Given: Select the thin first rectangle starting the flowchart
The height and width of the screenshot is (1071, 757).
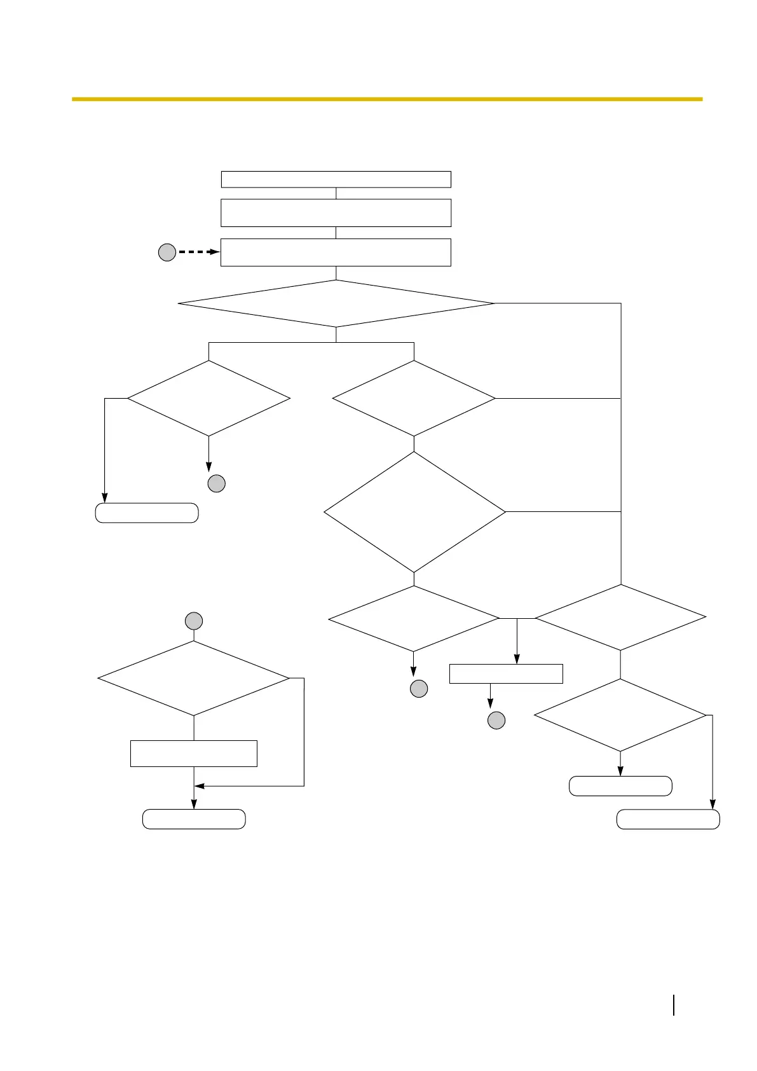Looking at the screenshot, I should click(x=336, y=179).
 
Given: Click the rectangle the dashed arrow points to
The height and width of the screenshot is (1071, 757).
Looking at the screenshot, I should click(x=336, y=252).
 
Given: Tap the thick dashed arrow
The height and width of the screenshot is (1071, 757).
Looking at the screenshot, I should click(x=198, y=252).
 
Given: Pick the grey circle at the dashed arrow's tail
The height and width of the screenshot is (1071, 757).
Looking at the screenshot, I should click(x=167, y=253).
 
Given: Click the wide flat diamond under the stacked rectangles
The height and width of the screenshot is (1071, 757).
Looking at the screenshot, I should click(x=336, y=303).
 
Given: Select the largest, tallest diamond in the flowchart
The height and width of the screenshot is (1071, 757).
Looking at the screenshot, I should click(x=414, y=512).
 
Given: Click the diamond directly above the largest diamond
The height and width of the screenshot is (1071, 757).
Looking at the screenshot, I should click(x=414, y=399).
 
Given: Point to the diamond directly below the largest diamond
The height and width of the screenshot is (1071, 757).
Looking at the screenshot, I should click(x=414, y=618).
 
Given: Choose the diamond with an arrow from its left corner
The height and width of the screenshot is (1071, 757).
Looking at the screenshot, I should click(x=208, y=399).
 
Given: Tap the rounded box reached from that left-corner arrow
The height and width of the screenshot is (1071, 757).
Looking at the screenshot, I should click(x=147, y=513).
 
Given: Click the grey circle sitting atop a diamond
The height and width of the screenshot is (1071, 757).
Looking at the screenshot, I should click(x=194, y=621).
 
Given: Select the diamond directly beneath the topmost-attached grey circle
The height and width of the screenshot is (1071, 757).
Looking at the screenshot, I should click(x=194, y=679).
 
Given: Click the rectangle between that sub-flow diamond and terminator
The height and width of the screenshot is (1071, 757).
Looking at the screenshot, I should click(x=194, y=754).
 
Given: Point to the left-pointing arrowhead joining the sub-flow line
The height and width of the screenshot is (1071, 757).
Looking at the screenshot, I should click(x=199, y=786).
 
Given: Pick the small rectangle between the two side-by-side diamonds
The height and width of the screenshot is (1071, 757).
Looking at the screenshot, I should click(x=506, y=674).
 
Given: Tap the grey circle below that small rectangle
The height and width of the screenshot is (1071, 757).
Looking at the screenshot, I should click(x=496, y=721).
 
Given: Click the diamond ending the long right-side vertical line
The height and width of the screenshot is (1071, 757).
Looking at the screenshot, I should click(x=620, y=617).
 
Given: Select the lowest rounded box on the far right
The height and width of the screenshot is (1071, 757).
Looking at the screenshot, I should click(x=668, y=819).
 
